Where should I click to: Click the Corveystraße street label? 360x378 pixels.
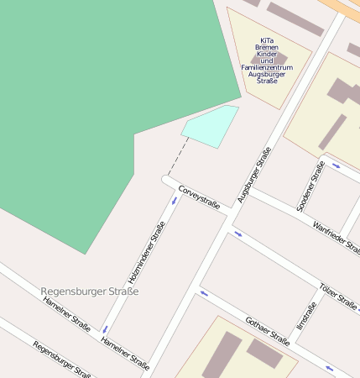(199, 197)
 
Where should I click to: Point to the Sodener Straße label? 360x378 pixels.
(311, 186)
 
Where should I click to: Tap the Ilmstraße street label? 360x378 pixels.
(306, 316)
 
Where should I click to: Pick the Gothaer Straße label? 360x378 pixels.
(267, 331)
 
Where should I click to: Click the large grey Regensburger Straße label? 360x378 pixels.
(90, 291)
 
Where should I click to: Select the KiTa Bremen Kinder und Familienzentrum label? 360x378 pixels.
(268, 57)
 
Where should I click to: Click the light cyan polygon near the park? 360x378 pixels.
(210, 127)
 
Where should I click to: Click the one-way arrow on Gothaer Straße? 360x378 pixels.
(203, 294)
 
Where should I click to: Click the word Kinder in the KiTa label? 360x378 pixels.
(267, 54)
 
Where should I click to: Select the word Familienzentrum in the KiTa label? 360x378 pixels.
(268, 67)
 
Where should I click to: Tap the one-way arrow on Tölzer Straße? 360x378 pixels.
(237, 233)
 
